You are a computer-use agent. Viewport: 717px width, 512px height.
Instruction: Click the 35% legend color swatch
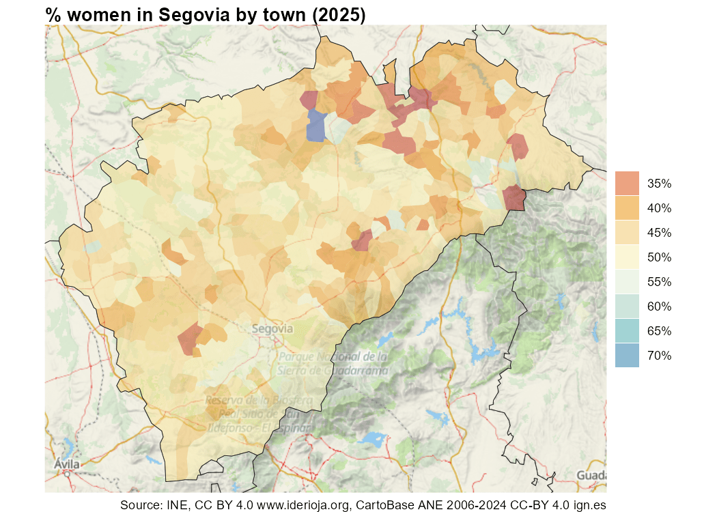627,183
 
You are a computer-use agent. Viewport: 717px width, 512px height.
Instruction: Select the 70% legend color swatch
627,355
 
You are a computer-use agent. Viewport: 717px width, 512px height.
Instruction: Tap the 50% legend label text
659,257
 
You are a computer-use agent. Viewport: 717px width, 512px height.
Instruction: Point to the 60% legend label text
659,307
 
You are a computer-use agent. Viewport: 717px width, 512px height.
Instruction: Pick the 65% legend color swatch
627,330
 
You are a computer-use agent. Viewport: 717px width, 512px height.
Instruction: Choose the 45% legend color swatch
627,232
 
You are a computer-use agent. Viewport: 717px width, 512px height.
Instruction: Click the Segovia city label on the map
272,328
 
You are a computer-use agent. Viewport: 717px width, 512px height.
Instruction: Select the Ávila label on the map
66,465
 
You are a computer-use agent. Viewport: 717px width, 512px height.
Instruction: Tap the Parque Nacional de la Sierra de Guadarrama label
333,363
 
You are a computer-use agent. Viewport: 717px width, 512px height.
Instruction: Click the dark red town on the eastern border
514,198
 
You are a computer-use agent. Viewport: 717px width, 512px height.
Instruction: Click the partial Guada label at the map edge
591,475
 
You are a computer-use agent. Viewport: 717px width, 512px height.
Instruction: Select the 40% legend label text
659,208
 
